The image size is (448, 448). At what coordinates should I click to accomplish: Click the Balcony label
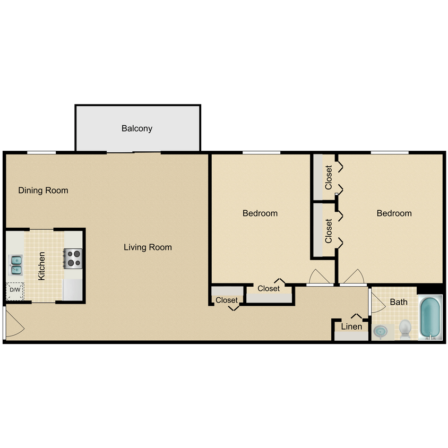point(137,128)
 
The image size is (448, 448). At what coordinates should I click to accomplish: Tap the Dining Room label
point(43,190)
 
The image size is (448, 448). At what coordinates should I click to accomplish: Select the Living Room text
point(148,247)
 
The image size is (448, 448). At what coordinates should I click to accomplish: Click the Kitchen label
point(41,265)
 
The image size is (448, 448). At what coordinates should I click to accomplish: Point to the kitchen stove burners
point(73,258)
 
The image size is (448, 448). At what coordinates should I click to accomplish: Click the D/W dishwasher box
point(15,290)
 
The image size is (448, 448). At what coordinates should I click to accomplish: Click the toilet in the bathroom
point(405,328)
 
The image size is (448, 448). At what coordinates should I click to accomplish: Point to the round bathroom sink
point(380,331)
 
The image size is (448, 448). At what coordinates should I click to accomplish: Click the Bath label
point(399,302)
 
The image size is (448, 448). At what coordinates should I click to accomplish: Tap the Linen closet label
point(351,326)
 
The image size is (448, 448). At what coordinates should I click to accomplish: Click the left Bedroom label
point(260,213)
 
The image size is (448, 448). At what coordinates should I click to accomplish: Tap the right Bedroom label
point(394,213)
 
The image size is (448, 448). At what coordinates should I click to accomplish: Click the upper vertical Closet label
point(329,178)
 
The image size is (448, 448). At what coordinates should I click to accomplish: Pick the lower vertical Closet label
point(329,231)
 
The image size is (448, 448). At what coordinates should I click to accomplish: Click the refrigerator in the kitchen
point(73,289)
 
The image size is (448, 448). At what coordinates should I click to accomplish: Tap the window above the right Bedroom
point(389,152)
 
